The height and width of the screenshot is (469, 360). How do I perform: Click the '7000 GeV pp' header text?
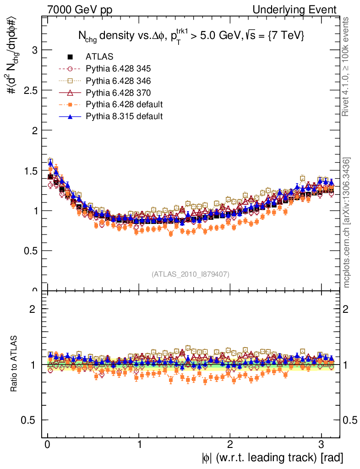click(79, 10)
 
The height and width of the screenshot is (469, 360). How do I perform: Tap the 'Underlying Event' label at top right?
click(297, 10)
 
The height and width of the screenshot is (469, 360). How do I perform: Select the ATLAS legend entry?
click(98, 57)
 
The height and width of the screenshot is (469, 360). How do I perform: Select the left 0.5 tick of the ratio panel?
click(31, 420)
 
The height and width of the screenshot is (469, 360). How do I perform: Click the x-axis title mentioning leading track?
click(272, 457)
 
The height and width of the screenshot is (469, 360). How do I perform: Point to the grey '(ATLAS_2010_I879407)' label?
click(191, 274)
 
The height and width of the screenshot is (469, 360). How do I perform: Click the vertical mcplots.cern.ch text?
click(347, 223)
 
